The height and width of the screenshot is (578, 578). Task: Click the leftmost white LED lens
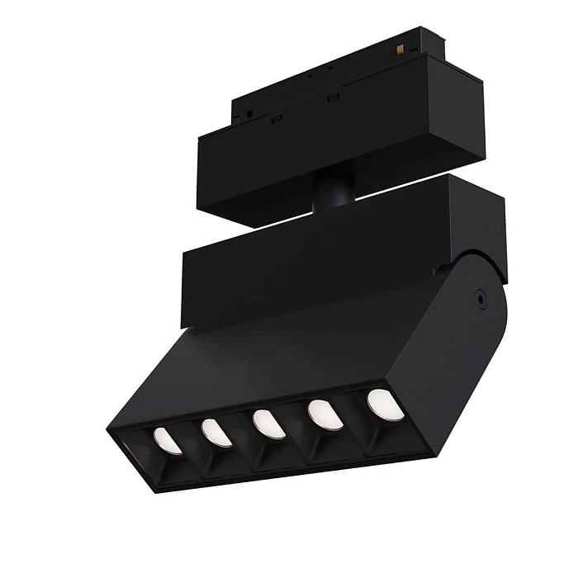pyautogui.click(x=168, y=440)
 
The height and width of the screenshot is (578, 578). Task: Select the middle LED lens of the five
pyautogui.click(x=269, y=424)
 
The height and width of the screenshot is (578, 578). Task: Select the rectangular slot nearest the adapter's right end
pyautogui.click(x=334, y=99)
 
